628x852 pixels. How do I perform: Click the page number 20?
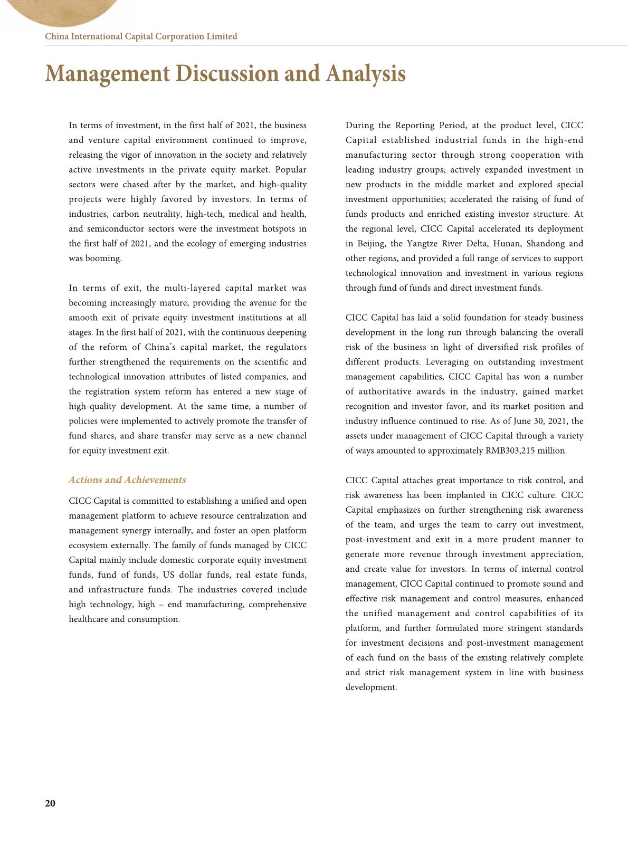(x=50, y=803)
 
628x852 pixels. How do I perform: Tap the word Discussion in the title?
(x=229, y=73)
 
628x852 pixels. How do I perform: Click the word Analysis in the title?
(x=366, y=73)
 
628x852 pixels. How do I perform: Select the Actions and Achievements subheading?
(x=127, y=480)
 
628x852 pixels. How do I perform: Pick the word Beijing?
(x=372, y=244)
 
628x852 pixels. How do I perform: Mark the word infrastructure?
(x=116, y=590)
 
